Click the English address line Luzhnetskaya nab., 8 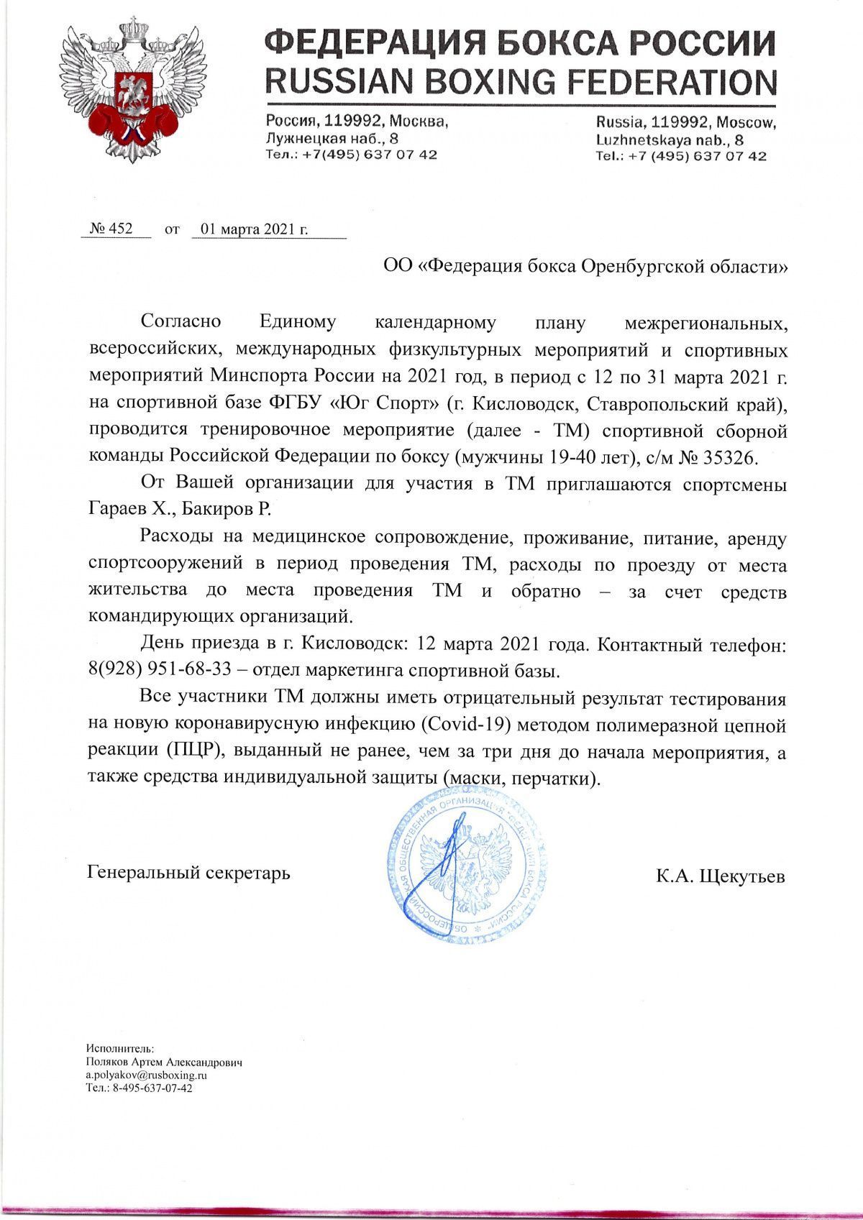point(670,139)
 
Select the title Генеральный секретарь point(188,873)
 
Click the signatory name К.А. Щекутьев point(720,877)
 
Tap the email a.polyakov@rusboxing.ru point(147,1075)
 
